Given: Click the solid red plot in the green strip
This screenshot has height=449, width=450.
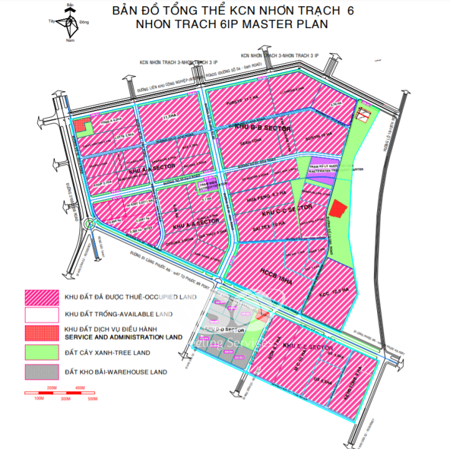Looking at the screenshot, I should (x=338, y=209).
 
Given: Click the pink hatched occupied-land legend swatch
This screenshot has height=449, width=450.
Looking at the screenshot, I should (x=41, y=296).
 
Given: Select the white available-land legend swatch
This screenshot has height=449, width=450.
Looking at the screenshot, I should (x=41, y=314).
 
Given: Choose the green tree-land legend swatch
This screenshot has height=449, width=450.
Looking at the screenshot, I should (x=41, y=353).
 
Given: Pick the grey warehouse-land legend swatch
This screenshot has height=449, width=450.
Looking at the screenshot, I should (x=41, y=372).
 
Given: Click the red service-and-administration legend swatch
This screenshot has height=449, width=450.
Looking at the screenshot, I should (x=41, y=333).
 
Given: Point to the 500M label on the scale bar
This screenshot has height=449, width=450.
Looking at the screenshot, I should (x=93, y=398).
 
